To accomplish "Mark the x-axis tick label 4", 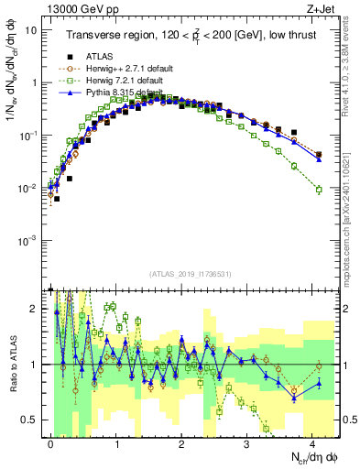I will tap(312, 442).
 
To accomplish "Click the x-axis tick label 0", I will tap(51, 442).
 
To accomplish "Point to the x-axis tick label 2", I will tap(182, 442).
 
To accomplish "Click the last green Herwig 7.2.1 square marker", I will tap(319, 190).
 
